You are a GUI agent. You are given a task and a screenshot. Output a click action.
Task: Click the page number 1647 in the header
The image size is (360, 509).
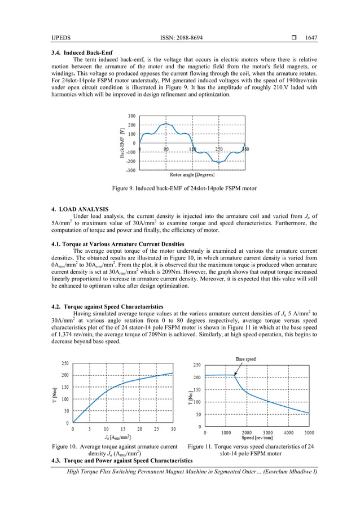pos(311,38)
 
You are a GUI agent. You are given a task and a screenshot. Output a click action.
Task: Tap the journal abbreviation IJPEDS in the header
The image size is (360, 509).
pos(61,38)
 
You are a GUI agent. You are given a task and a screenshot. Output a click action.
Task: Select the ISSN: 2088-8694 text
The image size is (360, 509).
pos(180,38)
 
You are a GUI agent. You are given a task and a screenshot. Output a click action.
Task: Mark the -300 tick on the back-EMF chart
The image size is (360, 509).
pos(130,170)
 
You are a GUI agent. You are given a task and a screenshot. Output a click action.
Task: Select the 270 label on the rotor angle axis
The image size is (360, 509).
pos(218,149)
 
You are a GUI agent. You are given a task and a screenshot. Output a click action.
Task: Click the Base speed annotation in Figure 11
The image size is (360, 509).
pos(246,358)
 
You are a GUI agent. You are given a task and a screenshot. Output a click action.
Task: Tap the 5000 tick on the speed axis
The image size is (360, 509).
pos(308,432)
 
